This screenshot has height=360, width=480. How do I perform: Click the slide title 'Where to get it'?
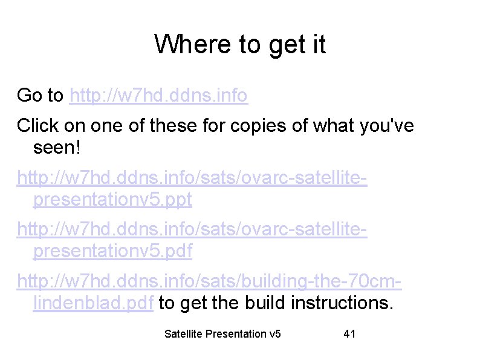pos(240,44)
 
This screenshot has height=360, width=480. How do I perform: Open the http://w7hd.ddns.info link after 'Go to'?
pos(158,95)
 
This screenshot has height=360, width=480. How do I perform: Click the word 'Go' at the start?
pos(30,95)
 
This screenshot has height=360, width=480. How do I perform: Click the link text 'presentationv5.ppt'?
pos(112,200)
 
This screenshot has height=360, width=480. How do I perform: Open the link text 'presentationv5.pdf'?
pos(112,251)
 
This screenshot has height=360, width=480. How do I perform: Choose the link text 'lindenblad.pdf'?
pos(94,303)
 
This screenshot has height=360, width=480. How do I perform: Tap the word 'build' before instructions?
pos(265,303)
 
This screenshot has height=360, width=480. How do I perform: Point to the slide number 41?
pos(349,334)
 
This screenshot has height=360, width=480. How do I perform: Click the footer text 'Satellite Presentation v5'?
pos(222,334)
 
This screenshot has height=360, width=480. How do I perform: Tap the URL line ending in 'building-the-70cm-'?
pos(210,281)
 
